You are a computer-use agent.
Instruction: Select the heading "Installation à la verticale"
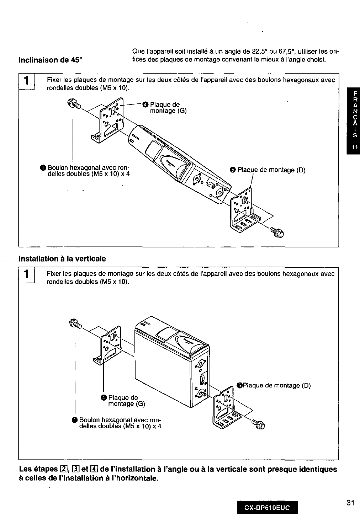[62, 258]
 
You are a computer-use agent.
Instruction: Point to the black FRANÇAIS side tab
[354, 121]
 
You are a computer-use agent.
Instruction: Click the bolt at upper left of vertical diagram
[76, 323]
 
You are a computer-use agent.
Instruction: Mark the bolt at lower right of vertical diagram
[258, 424]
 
